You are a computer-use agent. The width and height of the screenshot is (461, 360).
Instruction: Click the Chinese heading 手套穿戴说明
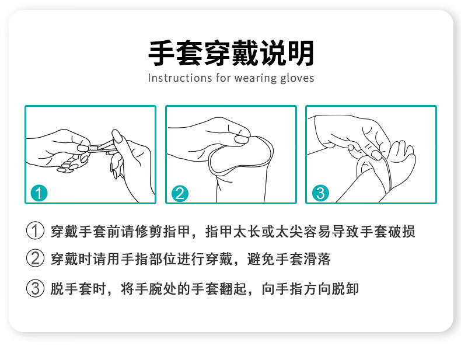[x=231, y=53]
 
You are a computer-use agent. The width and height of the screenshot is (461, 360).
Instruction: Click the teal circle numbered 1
[x=39, y=193]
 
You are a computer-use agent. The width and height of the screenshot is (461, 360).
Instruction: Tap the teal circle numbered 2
[x=180, y=193]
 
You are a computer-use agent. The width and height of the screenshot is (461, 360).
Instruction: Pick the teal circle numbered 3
[x=320, y=193]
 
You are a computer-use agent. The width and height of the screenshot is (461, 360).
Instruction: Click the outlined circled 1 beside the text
[x=35, y=230]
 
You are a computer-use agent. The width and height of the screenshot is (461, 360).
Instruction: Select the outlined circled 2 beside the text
[x=35, y=258]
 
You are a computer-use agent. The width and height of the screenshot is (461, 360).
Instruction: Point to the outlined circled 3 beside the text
[x=35, y=288]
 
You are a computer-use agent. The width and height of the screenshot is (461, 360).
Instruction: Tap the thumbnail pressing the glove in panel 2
[x=242, y=139]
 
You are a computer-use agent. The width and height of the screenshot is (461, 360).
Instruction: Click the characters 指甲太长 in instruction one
[x=233, y=232]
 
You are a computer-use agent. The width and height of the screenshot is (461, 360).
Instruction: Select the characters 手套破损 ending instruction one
[x=387, y=232]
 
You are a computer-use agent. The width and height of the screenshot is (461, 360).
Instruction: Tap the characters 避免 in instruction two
[x=261, y=259]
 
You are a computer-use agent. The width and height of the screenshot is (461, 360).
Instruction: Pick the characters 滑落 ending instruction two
[x=317, y=259]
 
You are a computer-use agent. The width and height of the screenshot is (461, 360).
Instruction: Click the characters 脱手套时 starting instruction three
[x=79, y=289]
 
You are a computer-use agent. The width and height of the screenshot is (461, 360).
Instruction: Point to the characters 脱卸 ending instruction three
[x=345, y=289]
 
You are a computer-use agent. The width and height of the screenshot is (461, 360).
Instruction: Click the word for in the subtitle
[x=222, y=78]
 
